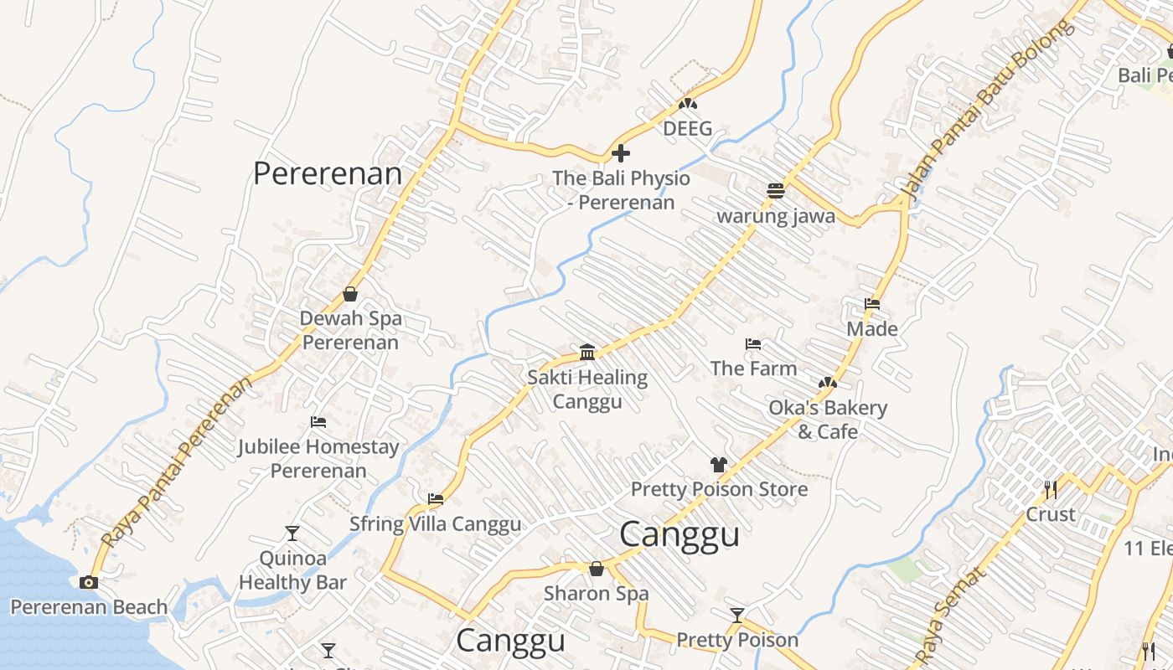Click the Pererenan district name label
click(328, 174)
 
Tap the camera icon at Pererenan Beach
click(89, 582)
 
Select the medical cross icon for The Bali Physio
click(621, 153)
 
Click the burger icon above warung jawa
click(775, 191)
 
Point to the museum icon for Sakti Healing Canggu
click(587, 352)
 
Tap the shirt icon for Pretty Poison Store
click(718, 464)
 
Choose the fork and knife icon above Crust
click(1050, 489)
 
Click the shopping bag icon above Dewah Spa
click(350, 294)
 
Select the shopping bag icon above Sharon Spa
click(597, 569)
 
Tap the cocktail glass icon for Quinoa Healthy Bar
click(292, 533)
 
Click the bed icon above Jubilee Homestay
click(318, 421)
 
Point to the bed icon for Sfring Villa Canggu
click(435, 499)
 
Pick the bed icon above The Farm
click(752, 343)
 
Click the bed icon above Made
click(872, 303)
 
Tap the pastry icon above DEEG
click(688, 104)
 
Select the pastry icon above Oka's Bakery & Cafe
click(828, 383)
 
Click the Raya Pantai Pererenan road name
click(177, 462)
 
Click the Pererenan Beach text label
click(89, 607)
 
